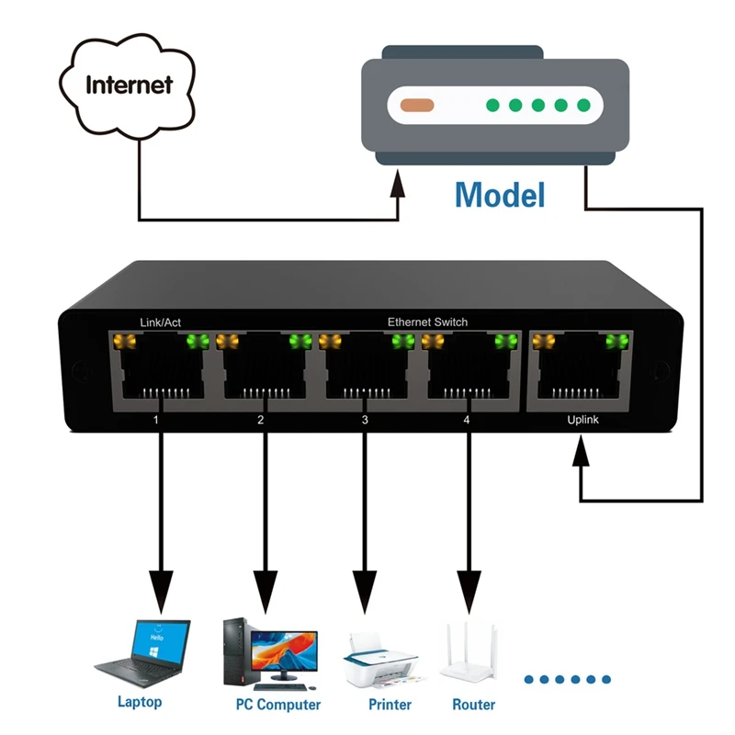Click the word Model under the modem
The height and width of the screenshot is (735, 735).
pos(500,195)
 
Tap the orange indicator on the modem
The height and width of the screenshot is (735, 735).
pos(417,105)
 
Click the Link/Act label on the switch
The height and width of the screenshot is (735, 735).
pos(160,322)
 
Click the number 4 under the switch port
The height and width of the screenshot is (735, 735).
pos(467,420)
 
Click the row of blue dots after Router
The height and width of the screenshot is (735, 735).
pos(568,680)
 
